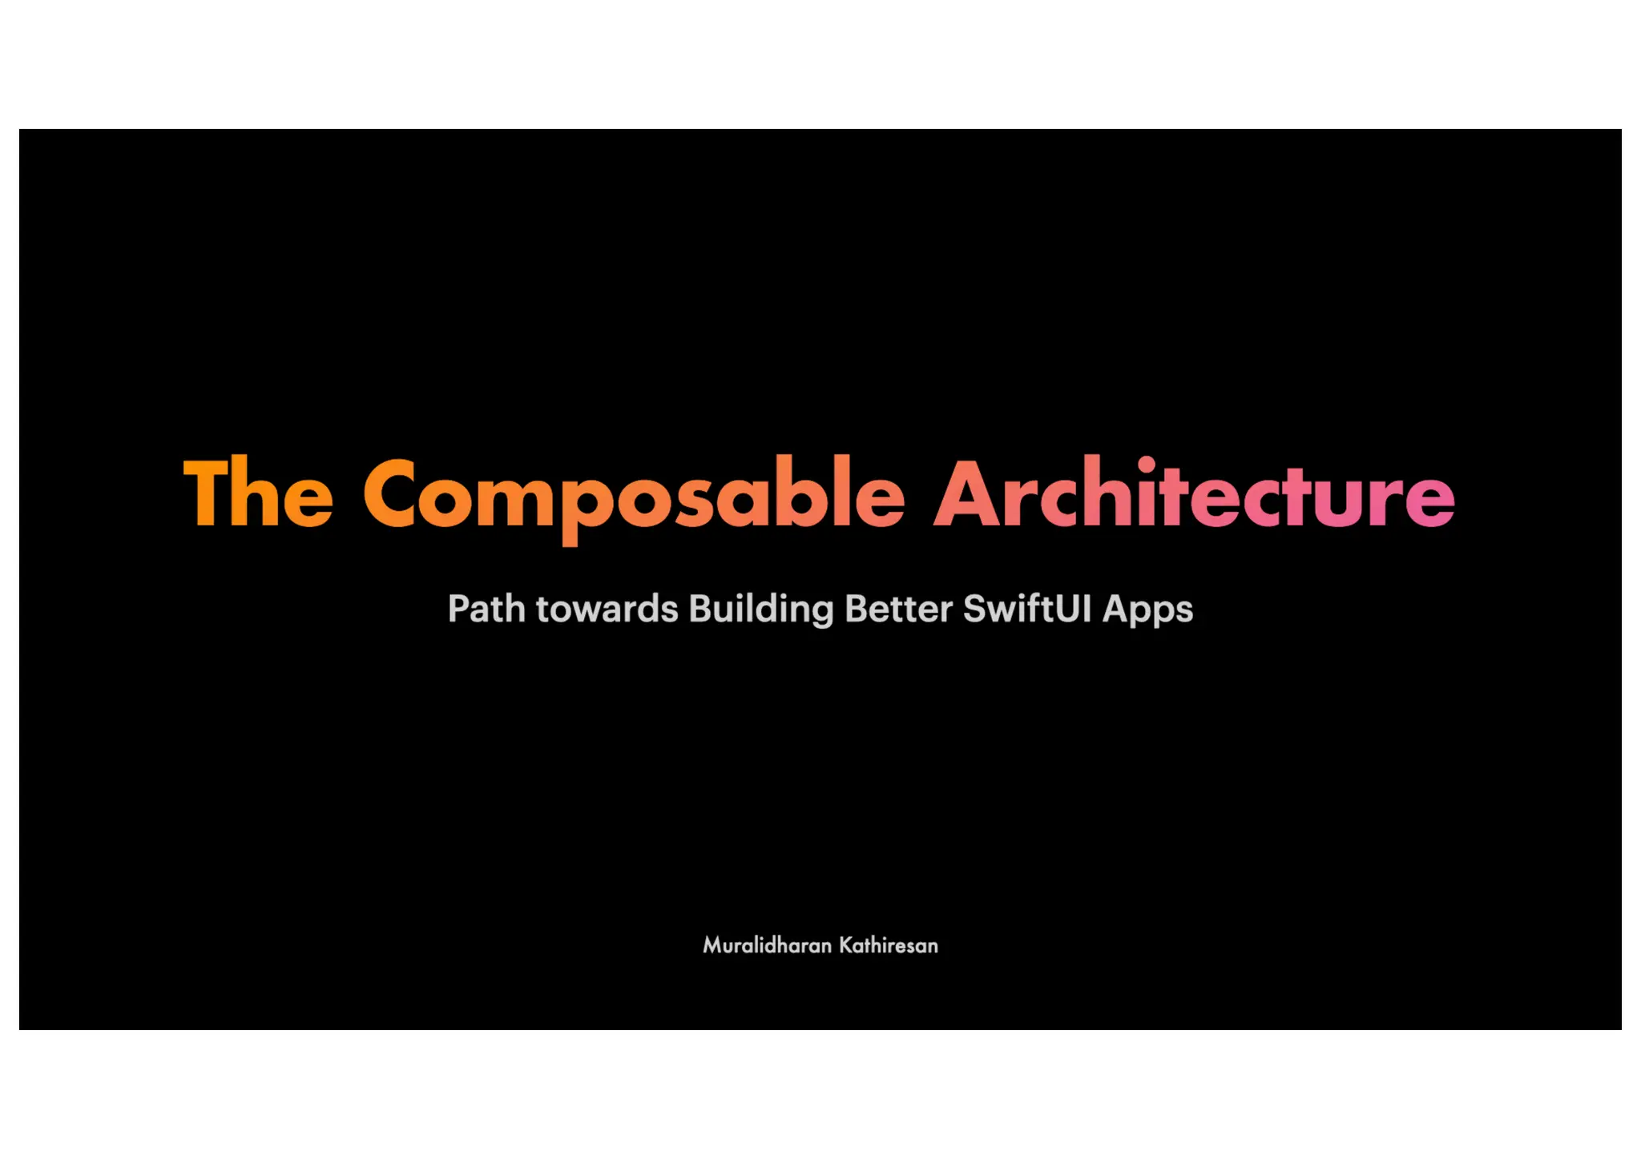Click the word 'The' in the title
[x=258, y=493]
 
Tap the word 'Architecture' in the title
[x=1194, y=493]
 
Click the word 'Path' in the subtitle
[x=486, y=609]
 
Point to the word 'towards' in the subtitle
[x=607, y=609]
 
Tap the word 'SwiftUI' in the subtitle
[x=1027, y=609]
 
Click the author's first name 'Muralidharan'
[x=767, y=946]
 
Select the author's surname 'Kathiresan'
[x=888, y=946]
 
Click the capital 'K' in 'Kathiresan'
[x=845, y=946]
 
